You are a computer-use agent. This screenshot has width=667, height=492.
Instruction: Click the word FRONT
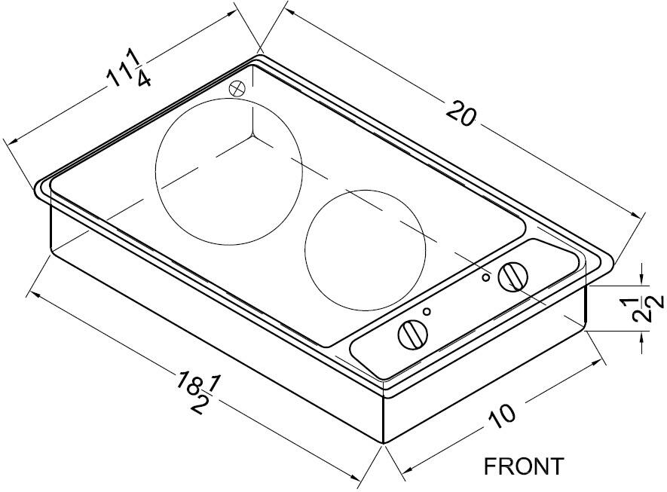524,466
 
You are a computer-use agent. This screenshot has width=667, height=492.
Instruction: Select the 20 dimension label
461,113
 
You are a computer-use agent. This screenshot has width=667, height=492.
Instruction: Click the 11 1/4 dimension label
127,68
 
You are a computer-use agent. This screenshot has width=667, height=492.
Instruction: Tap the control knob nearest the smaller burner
513,277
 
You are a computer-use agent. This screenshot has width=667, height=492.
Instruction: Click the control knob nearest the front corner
413,335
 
